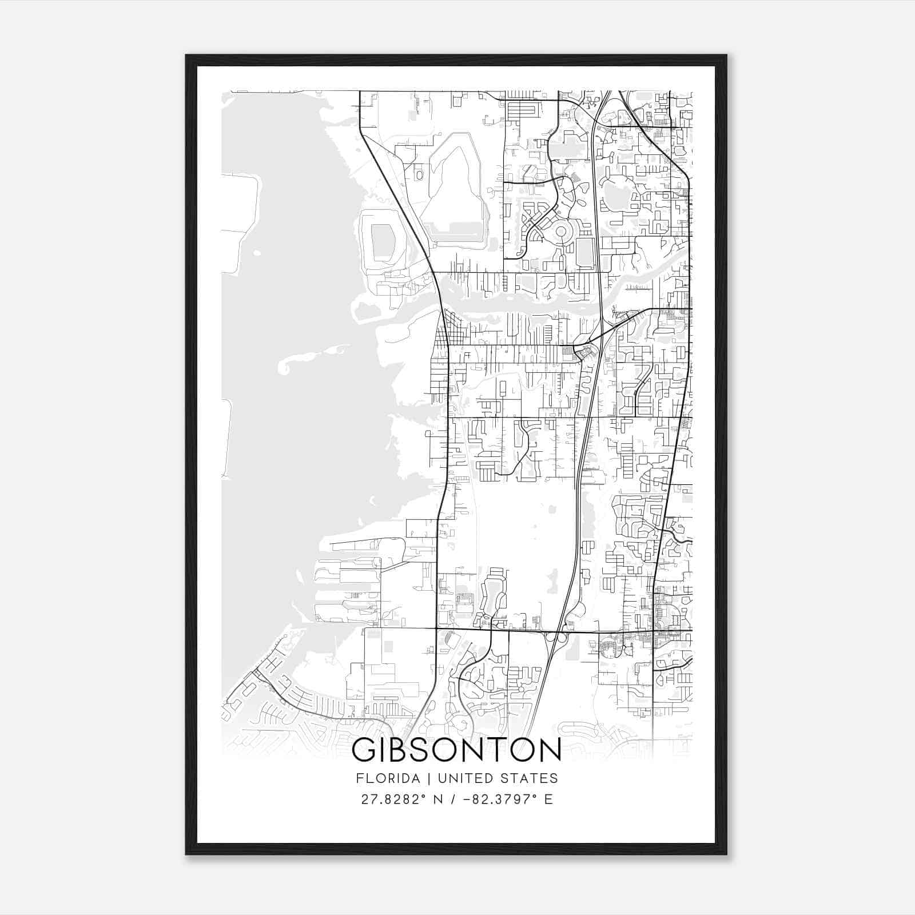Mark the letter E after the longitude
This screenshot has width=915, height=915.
click(x=548, y=799)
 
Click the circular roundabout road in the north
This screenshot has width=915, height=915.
click(x=561, y=232)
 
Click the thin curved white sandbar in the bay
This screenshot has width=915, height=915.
click(x=309, y=357)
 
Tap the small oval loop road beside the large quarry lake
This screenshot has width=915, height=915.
click(x=419, y=175)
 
